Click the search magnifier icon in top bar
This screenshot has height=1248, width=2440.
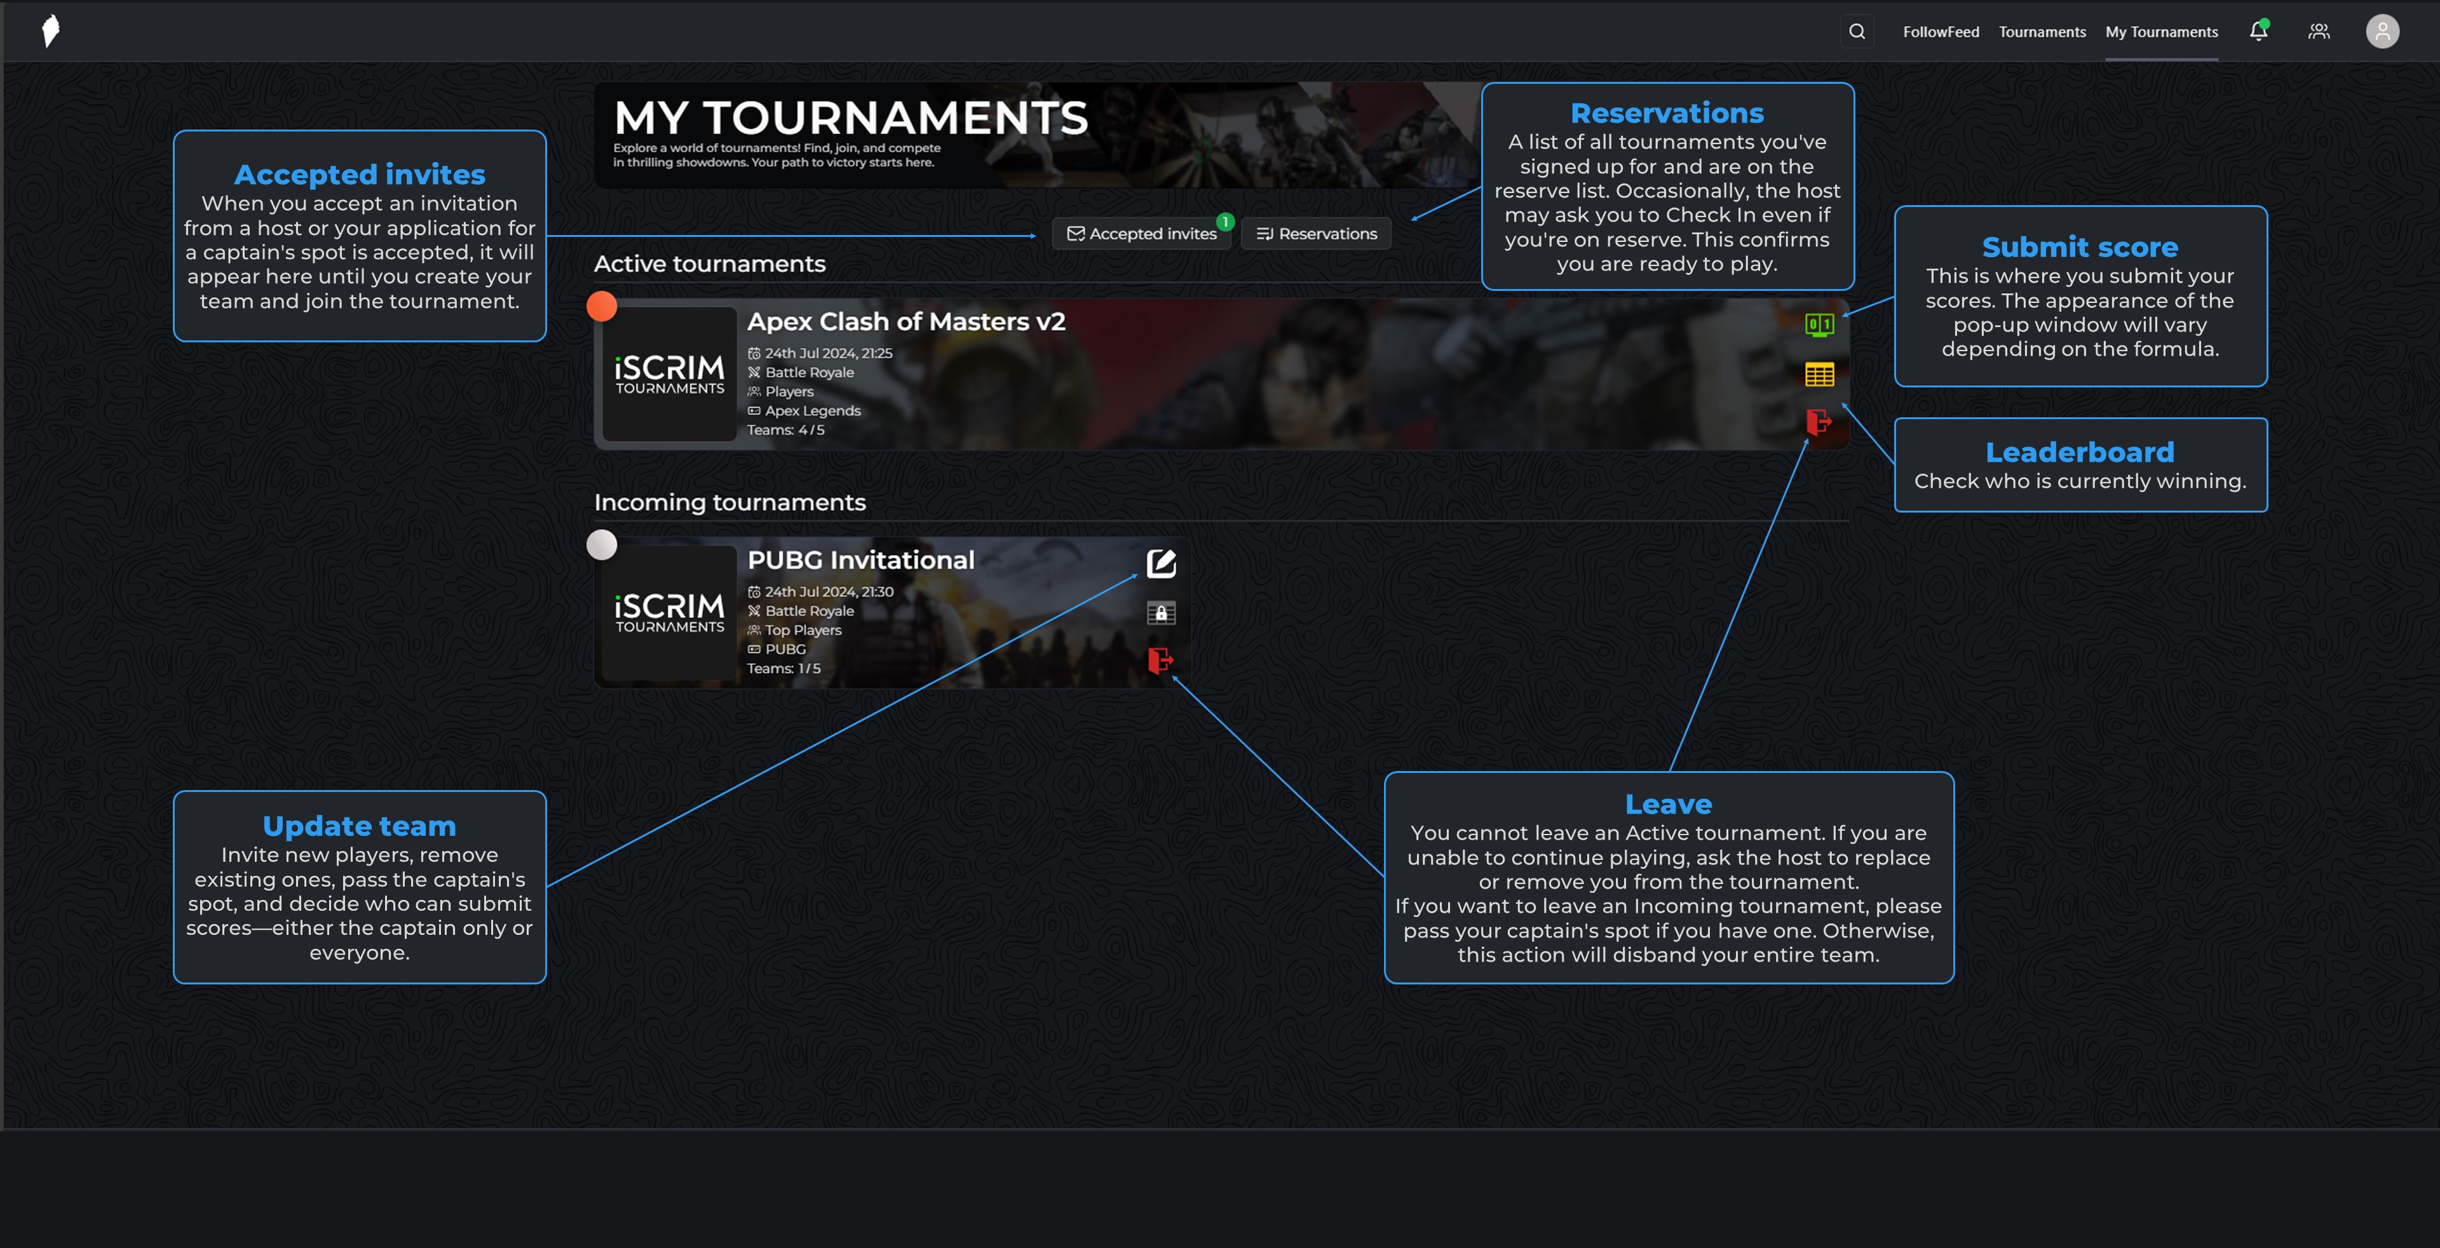pos(1857,31)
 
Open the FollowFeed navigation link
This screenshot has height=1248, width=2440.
pos(1941,31)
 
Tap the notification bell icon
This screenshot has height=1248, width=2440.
pos(2258,31)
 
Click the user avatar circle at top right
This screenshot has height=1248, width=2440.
pos(2382,31)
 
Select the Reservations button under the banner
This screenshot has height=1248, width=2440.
pos(1316,234)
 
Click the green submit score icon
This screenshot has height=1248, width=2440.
pos(1819,325)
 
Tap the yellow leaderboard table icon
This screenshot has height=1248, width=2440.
pos(1819,374)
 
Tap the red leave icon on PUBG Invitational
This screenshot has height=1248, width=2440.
pos(1160,660)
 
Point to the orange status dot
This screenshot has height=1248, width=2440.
pos(602,306)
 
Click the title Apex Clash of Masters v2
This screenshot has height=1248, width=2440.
pos(905,322)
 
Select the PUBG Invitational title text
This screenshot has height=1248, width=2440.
pos(860,561)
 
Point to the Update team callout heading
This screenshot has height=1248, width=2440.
pos(359,826)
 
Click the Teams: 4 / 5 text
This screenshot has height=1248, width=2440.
pos(785,430)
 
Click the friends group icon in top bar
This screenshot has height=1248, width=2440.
pos(2318,31)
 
